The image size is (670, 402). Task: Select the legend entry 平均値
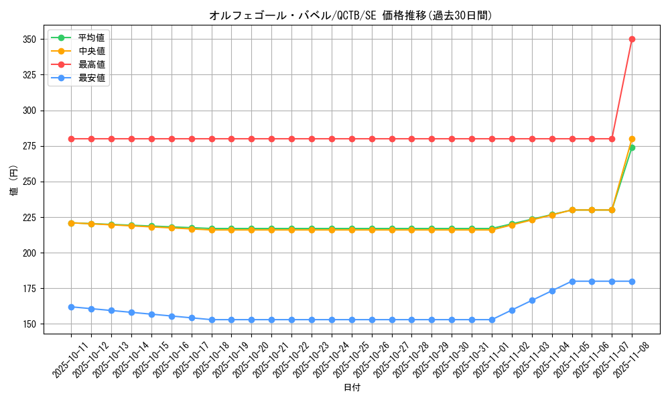tap(91, 37)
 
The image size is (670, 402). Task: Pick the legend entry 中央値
tap(91, 51)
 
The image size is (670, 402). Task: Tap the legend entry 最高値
tap(91, 64)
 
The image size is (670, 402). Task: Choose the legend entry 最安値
tap(91, 78)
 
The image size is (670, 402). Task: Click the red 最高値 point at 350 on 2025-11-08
tap(632, 39)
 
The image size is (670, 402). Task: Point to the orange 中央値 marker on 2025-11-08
tap(632, 139)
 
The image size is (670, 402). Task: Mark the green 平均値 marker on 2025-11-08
tap(632, 147)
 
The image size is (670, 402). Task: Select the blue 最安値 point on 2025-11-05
tap(572, 281)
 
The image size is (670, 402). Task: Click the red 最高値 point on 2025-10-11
tap(71, 139)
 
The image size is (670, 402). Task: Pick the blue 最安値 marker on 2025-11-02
tap(512, 310)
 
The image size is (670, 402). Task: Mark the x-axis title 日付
tap(352, 388)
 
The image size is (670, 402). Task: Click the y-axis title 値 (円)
tap(13, 181)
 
